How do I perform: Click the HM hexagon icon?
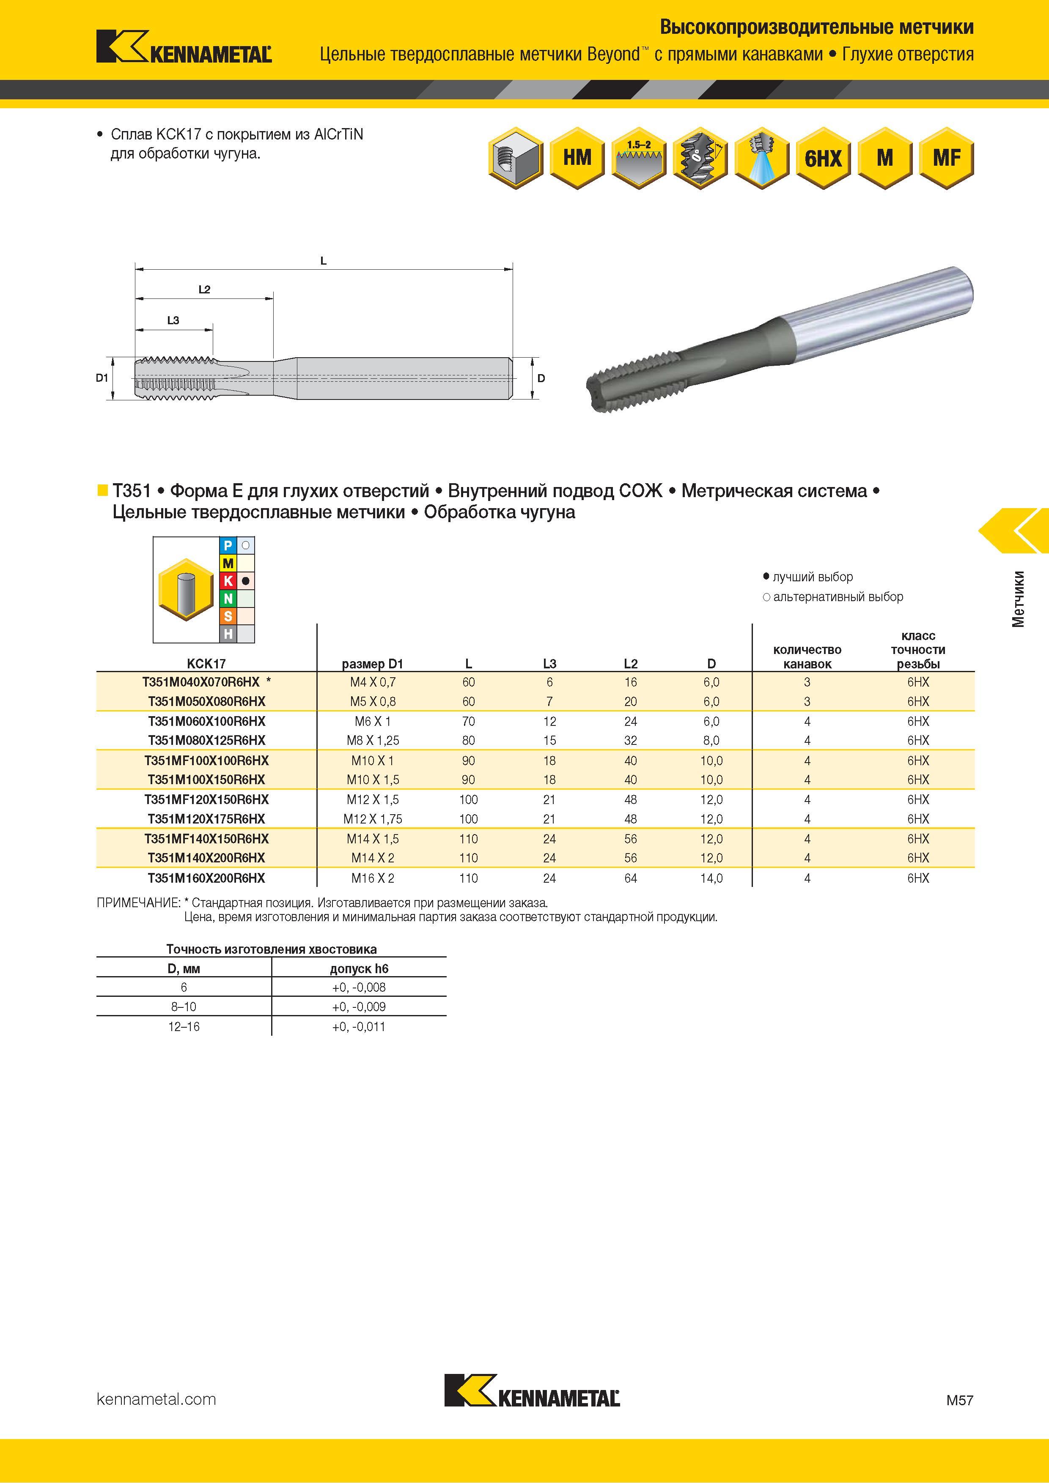(x=577, y=158)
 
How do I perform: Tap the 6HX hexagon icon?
(x=824, y=158)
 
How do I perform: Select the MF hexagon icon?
(x=946, y=158)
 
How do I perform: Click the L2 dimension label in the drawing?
(x=204, y=289)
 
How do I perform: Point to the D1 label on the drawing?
(x=102, y=378)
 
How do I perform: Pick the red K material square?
(x=228, y=581)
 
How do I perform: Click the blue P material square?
(x=228, y=546)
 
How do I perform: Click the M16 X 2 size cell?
(x=373, y=878)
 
